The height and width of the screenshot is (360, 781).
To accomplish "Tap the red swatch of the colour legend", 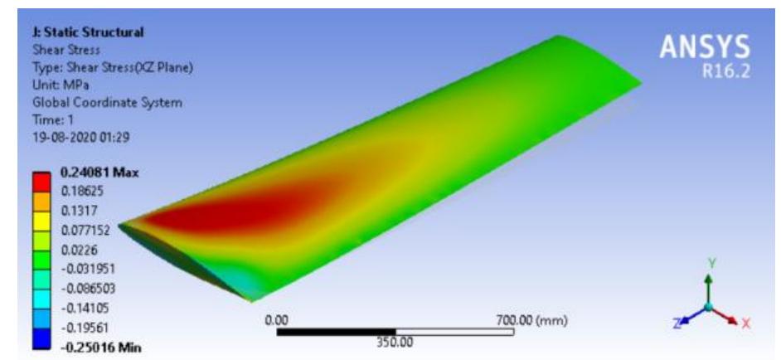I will [40, 183].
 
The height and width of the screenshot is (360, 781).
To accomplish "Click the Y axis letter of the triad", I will [709, 260].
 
